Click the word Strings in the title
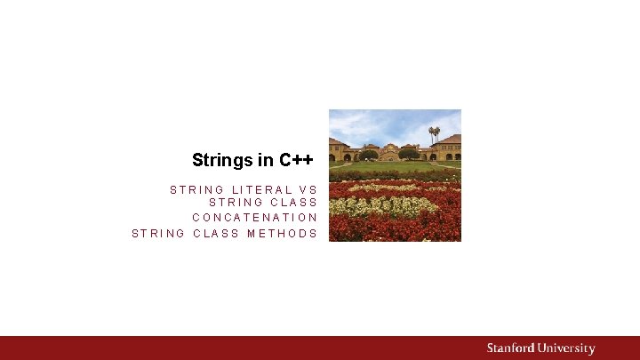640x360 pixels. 221,161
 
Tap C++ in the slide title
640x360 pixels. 295,161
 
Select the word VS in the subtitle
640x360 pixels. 308,189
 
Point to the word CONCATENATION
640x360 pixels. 254,218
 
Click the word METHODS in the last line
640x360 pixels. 282,234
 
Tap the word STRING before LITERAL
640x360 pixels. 196,189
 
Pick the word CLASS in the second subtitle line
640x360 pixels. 291,203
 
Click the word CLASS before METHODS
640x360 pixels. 216,234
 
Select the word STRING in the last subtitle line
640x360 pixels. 158,234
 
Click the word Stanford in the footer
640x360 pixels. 512,348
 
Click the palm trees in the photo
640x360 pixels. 434,133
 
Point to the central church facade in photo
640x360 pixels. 388,152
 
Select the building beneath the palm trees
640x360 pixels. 446,149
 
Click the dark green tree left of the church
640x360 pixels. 368,155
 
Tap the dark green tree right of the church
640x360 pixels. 409,154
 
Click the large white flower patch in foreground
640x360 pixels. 382,206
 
